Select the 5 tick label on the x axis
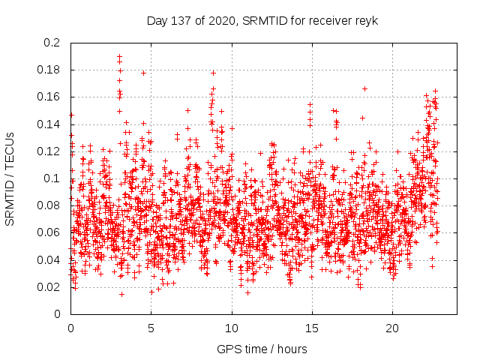(x=151, y=328)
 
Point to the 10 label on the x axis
(x=231, y=328)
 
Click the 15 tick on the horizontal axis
(x=311, y=328)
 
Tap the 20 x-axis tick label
(x=391, y=328)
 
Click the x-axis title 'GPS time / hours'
(x=262, y=349)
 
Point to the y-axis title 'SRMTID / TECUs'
(x=10, y=178)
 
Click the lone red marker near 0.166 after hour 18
(x=364, y=88)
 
